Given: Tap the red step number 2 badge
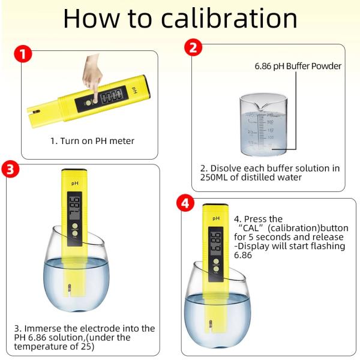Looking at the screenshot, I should [x=192, y=48].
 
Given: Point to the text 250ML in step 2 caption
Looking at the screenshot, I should [x=215, y=178].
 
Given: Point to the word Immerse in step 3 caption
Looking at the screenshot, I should [x=43, y=329].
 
